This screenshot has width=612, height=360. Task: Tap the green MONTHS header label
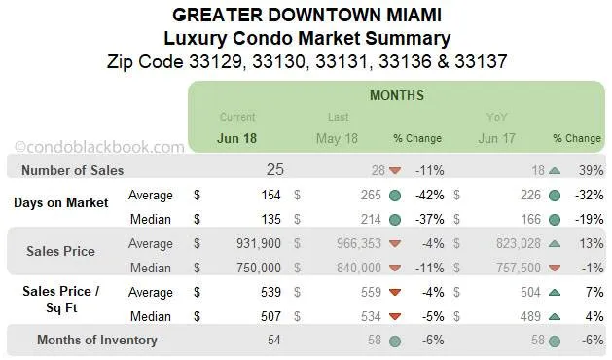(396, 96)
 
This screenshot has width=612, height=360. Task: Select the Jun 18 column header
(238, 138)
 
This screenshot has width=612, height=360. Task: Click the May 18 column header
(337, 138)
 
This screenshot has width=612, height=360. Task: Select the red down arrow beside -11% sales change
(395, 171)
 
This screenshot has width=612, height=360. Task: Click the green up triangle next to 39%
(554, 170)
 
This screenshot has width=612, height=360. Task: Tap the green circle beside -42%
(395, 195)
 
